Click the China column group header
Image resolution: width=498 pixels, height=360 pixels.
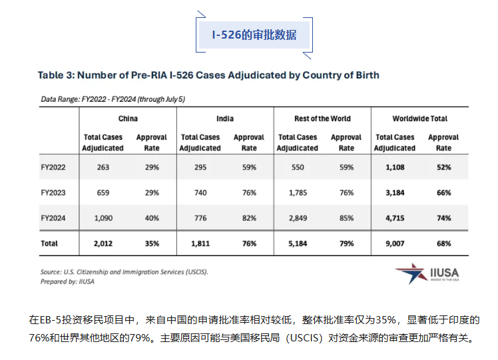click(128, 118)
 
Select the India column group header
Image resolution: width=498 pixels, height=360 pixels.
click(225, 118)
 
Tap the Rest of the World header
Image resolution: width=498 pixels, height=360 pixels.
click(322, 118)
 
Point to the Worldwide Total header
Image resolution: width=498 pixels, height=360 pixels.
click(420, 118)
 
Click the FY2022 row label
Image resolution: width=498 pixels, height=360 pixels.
click(53, 167)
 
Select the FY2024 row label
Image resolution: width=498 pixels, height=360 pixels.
click(53, 218)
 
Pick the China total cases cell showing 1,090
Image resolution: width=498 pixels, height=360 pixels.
click(103, 218)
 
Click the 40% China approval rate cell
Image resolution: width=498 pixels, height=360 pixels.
click(152, 218)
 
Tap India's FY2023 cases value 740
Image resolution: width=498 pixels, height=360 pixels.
click(200, 193)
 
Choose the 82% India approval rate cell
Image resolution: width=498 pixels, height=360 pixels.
click(249, 218)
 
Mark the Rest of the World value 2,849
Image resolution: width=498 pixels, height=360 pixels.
click(298, 218)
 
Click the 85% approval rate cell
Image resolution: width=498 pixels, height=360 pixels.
click(346, 218)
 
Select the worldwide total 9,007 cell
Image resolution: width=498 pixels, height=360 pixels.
click(395, 244)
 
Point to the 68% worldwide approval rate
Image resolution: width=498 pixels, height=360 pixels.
click(443, 244)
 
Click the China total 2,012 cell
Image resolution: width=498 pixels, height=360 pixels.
click(103, 244)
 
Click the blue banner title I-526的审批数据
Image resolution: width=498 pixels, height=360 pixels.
click(254, 35)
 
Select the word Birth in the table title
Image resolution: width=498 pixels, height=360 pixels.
click(368, 75)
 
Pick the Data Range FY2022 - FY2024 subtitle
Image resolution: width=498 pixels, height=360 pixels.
click(113, 99)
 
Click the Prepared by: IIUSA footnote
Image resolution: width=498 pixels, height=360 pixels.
click(67, 281)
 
